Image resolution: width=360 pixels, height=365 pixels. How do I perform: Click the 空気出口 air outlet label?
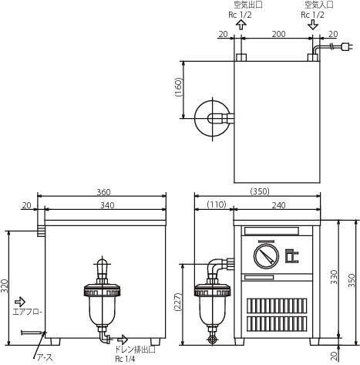coord(248,5)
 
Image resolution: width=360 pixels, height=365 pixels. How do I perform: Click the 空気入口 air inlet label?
coord(319,5)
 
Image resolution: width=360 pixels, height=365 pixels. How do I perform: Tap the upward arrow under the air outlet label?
coord(241,25)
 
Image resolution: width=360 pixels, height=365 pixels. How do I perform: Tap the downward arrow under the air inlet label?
coord(313,25)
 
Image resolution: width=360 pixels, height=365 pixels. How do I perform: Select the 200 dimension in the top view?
coord(278,34)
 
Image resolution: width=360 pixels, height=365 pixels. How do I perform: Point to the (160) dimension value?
coord(178,87)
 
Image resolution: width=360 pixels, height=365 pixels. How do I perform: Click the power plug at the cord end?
coord(348,47)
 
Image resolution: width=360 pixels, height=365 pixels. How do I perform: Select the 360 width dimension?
coord(103,192)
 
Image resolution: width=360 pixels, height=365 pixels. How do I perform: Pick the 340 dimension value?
coord(107,205)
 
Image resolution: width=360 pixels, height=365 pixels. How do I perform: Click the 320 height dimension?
coord(5,286)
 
